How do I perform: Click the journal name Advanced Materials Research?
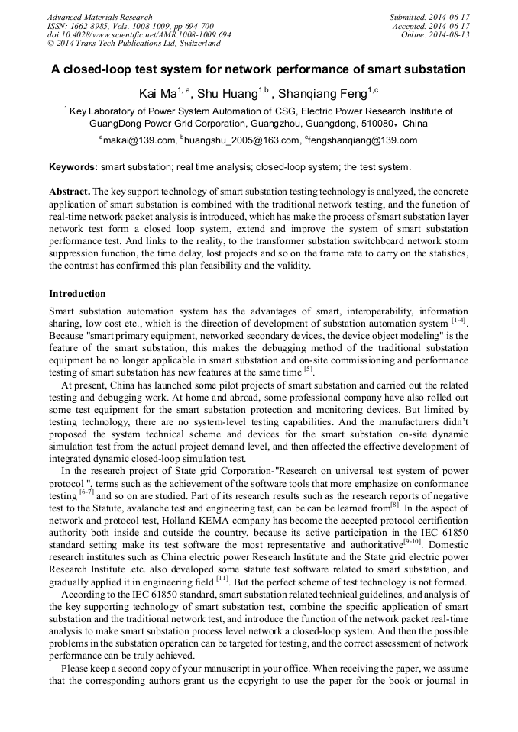tap(99, 17)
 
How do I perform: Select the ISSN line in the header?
tap(130, 26)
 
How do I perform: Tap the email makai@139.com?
tap(138, 140)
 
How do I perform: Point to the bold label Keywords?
tap(73, 167)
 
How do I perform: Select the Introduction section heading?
tap(77, 294)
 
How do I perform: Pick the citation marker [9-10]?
tap(413, 541)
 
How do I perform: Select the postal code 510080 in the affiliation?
tap(377, 123)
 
